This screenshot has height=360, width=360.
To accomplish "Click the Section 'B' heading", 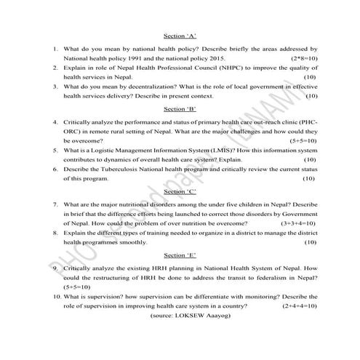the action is (x=180, y=109).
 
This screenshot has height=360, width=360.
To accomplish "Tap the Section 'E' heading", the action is (x=180, y=256).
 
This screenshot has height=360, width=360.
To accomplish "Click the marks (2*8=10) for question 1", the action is (x=303, y=57).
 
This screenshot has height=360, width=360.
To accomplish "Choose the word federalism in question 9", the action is (x=266, y=278).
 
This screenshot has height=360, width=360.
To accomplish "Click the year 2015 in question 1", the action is (x=220, y=57).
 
